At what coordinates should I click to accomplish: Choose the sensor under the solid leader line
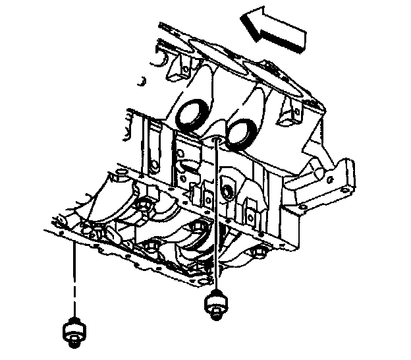pos(215,305)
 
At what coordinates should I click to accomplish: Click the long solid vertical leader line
pos(216,218)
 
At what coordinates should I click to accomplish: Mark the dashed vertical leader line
pos(73,277)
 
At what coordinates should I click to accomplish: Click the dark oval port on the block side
pos(227,192)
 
